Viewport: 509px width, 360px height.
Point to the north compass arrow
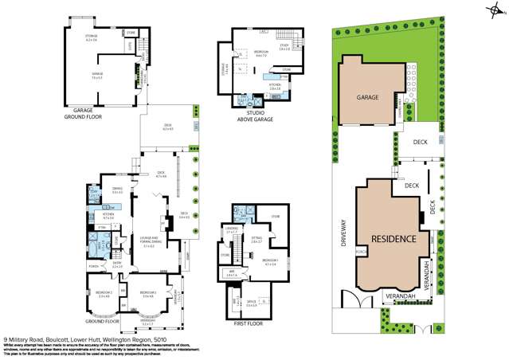point(498,10)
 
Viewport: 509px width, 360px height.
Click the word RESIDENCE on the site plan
point(393,238)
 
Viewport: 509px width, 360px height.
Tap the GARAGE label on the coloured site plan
point(367,97)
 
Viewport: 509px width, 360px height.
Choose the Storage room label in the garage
point(92,37)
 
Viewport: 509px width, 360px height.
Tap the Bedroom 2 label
point(99,295)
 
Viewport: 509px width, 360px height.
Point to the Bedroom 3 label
point(147,295)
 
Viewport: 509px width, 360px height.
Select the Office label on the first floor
point(250,303)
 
